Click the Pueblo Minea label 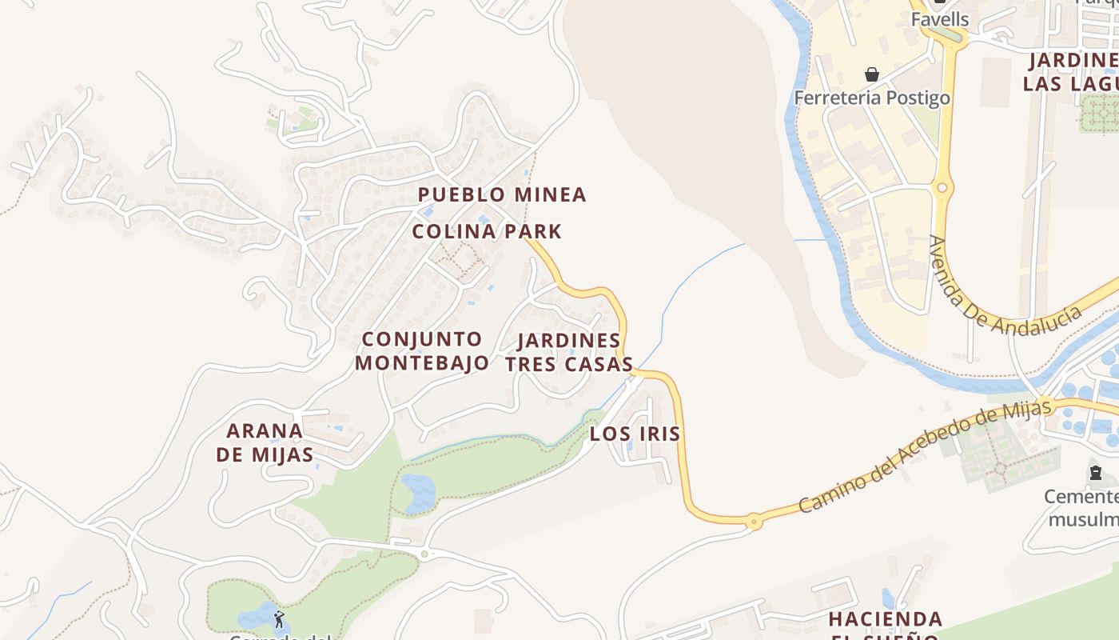pos(502,194)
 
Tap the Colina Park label pos(487,232)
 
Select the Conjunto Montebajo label pos(422,350)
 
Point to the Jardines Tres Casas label pos(568,352)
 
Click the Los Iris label pos(635,434)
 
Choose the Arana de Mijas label pos(265,442)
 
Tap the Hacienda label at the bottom pos(885,619)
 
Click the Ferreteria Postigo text pos(872,98)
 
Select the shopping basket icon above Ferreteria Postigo pos(872,74)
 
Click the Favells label pos(940,19)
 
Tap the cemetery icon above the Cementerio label pos(1096,473)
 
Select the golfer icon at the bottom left pos(278,618)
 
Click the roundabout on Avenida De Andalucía pos(942,188)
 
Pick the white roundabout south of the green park pos(424,553)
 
